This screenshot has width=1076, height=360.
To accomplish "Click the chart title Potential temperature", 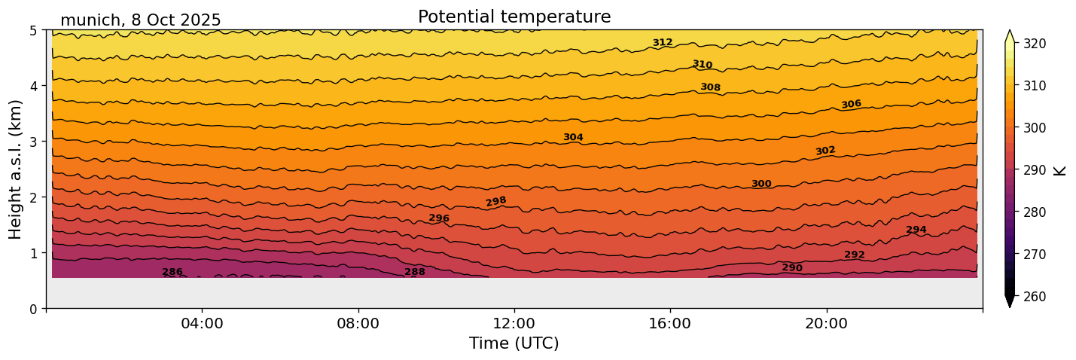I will point(514,17).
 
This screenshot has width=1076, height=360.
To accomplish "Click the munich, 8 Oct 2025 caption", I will point(141,20).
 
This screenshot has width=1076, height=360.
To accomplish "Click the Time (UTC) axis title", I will point(514,343).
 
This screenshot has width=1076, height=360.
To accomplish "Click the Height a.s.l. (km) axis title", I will point(16,169).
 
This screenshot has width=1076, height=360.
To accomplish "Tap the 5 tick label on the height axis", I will point(34,31).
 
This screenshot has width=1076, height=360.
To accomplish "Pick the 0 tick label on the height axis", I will point(34,309).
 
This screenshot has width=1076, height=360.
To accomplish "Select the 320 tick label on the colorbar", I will point(1034,44).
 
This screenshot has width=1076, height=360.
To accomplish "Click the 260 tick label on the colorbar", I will point(1034,297).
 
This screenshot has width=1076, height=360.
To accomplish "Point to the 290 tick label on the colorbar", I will point(1034,170).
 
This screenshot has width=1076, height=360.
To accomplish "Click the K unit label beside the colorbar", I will point(1060,170).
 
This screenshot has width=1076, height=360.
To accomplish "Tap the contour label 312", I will point(663,42).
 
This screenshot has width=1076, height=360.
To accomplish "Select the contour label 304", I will point(573,137).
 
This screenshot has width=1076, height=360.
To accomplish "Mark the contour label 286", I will point(172,272).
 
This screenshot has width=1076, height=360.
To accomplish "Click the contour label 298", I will point(496,201).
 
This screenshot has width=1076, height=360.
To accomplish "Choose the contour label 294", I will point(916,230).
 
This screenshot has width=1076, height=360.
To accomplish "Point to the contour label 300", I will point(761,184).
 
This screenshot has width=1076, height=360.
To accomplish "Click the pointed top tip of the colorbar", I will point(1010,32).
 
